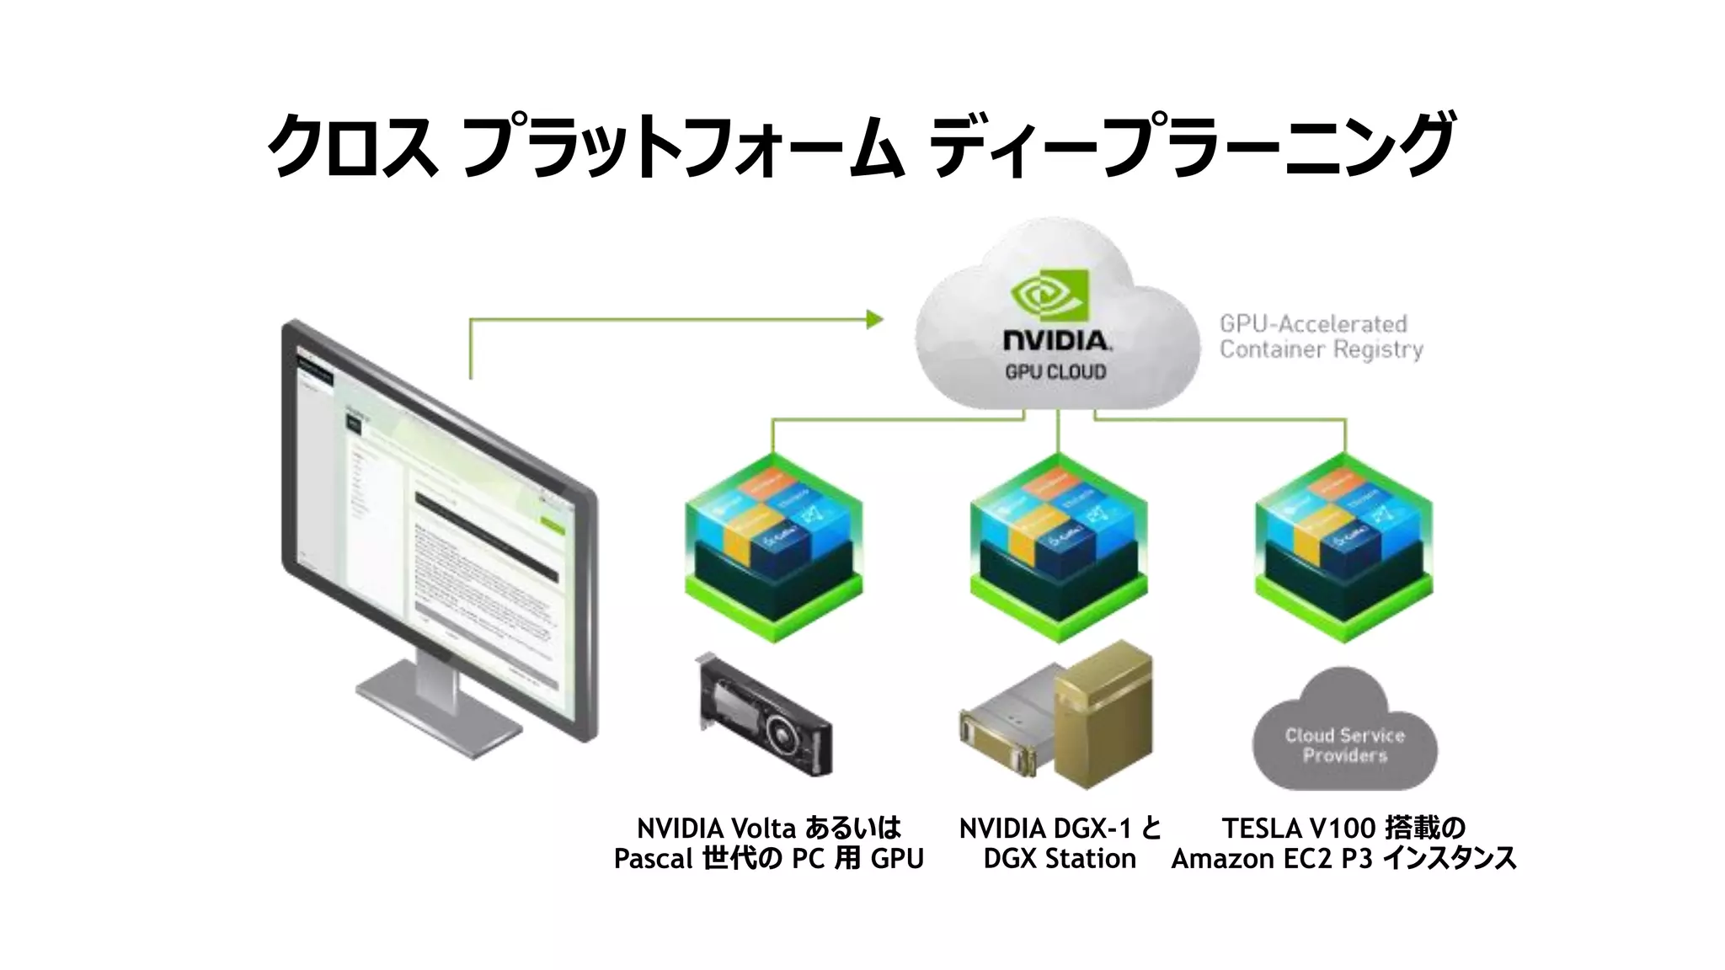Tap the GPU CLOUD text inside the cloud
(1055, 371)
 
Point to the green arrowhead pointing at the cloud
(875, 319)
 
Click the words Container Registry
(1321, 349)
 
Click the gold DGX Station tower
(1103, 715)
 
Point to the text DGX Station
(1059, 859)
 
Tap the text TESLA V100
(1297, 829)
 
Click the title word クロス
(352, 145)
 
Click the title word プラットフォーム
(682, 145)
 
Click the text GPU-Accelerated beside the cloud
(1312, 324)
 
